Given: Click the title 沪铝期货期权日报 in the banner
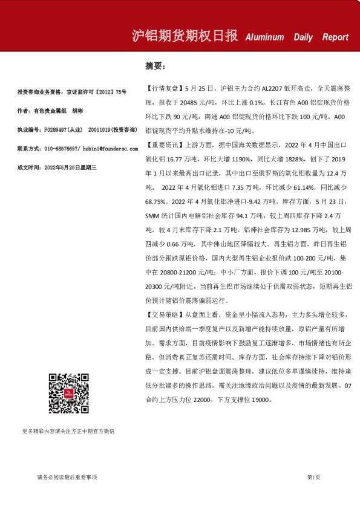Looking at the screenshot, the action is tap(185, 36).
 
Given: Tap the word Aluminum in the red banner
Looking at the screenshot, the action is tap(264, 37).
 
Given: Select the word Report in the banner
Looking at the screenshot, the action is tap(335, 37).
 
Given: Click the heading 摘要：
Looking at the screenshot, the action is tap(155, 65).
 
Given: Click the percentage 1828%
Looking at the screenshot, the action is tap(293, 160).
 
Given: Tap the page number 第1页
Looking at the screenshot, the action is tap(314, 478).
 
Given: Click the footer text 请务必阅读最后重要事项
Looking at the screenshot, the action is tap(67, 478).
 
